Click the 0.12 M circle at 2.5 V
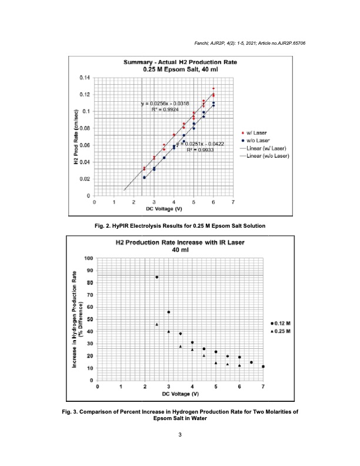coord(156,277)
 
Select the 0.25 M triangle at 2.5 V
coord(156,324)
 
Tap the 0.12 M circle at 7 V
coord(263,367)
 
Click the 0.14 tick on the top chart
coord(85,78)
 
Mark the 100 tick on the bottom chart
coord(88,258)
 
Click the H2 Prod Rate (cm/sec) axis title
coord(76,137)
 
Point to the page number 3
coord(180,434)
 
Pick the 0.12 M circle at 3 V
coord(169,312)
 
